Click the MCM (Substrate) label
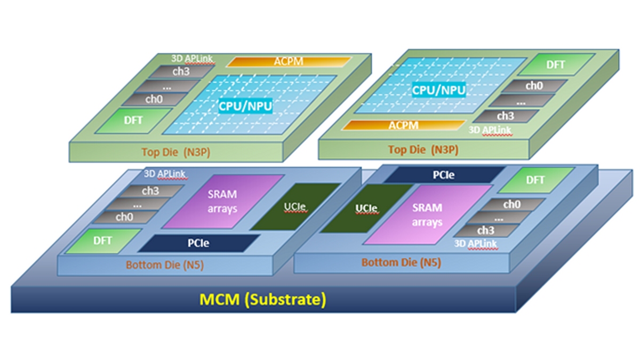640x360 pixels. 262,299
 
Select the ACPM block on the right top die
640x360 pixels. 403,125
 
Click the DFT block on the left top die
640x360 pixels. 134,121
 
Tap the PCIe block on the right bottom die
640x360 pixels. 443,174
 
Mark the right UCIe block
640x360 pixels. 366,208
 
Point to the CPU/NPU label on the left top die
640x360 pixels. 245,106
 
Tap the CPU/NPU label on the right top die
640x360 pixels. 438,89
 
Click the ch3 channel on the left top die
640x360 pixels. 182,71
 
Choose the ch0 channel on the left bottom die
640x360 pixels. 124,217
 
